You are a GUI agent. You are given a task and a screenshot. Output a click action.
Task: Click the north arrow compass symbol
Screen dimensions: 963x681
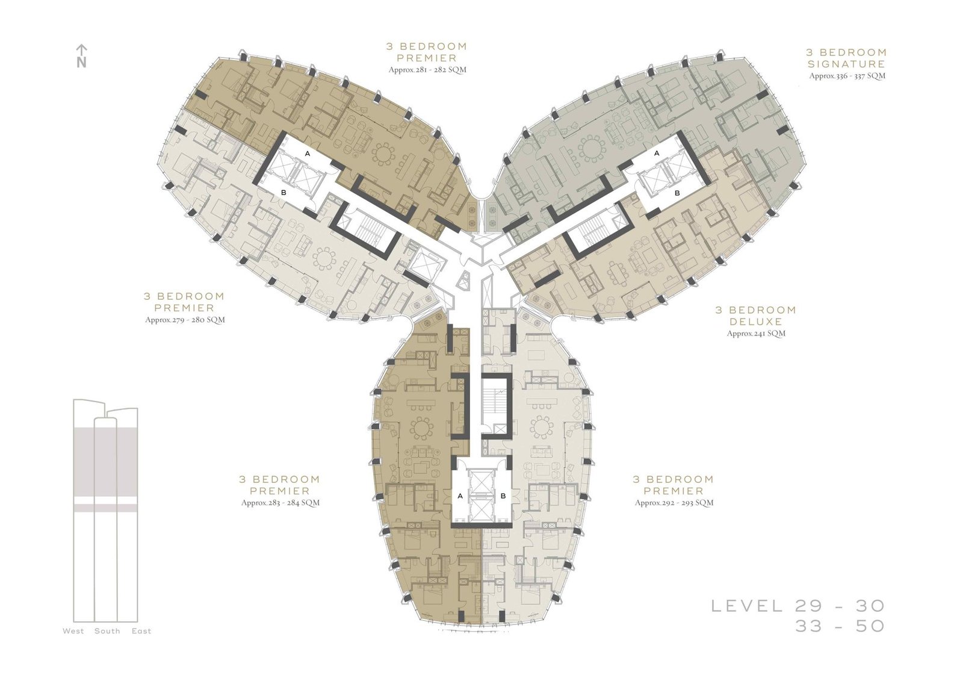[82, 56]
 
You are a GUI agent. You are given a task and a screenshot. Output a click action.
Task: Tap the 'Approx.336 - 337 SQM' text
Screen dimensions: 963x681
[847, 76]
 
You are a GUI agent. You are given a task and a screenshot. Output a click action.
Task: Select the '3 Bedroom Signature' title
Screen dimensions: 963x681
[846, 58]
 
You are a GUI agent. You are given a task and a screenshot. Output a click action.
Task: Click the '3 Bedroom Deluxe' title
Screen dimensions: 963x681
[756, 316]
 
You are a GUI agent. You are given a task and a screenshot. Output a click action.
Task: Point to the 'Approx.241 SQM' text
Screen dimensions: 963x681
[756, 333]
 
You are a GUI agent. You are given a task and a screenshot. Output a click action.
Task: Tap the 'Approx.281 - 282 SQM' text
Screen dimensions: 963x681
[427, 70]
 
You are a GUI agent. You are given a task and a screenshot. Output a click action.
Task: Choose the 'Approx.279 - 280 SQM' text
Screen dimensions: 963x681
[185, 320]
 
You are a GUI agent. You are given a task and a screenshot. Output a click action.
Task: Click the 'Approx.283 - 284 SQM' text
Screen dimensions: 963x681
[280, 502]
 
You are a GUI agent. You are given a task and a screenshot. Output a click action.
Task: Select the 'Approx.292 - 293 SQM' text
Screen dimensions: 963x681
[674, 502]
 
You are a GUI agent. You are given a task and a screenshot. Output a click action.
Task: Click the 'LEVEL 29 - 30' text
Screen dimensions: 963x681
[798, 606]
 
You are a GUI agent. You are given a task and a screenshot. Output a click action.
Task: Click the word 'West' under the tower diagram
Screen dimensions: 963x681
[73, 631]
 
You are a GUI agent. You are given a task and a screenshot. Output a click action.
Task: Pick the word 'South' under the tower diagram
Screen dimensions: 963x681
[108, 631]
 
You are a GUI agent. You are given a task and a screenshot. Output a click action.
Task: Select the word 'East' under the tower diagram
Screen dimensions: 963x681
[141, 631]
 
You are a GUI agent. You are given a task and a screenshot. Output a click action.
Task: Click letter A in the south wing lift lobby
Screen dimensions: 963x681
[460, 496]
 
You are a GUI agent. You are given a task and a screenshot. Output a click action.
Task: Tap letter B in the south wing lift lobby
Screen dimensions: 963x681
[503, 496]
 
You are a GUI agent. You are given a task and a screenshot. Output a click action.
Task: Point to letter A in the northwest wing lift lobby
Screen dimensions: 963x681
[308, 153]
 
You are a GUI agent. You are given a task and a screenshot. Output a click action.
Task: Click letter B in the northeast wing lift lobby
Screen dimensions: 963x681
[677, 193]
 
